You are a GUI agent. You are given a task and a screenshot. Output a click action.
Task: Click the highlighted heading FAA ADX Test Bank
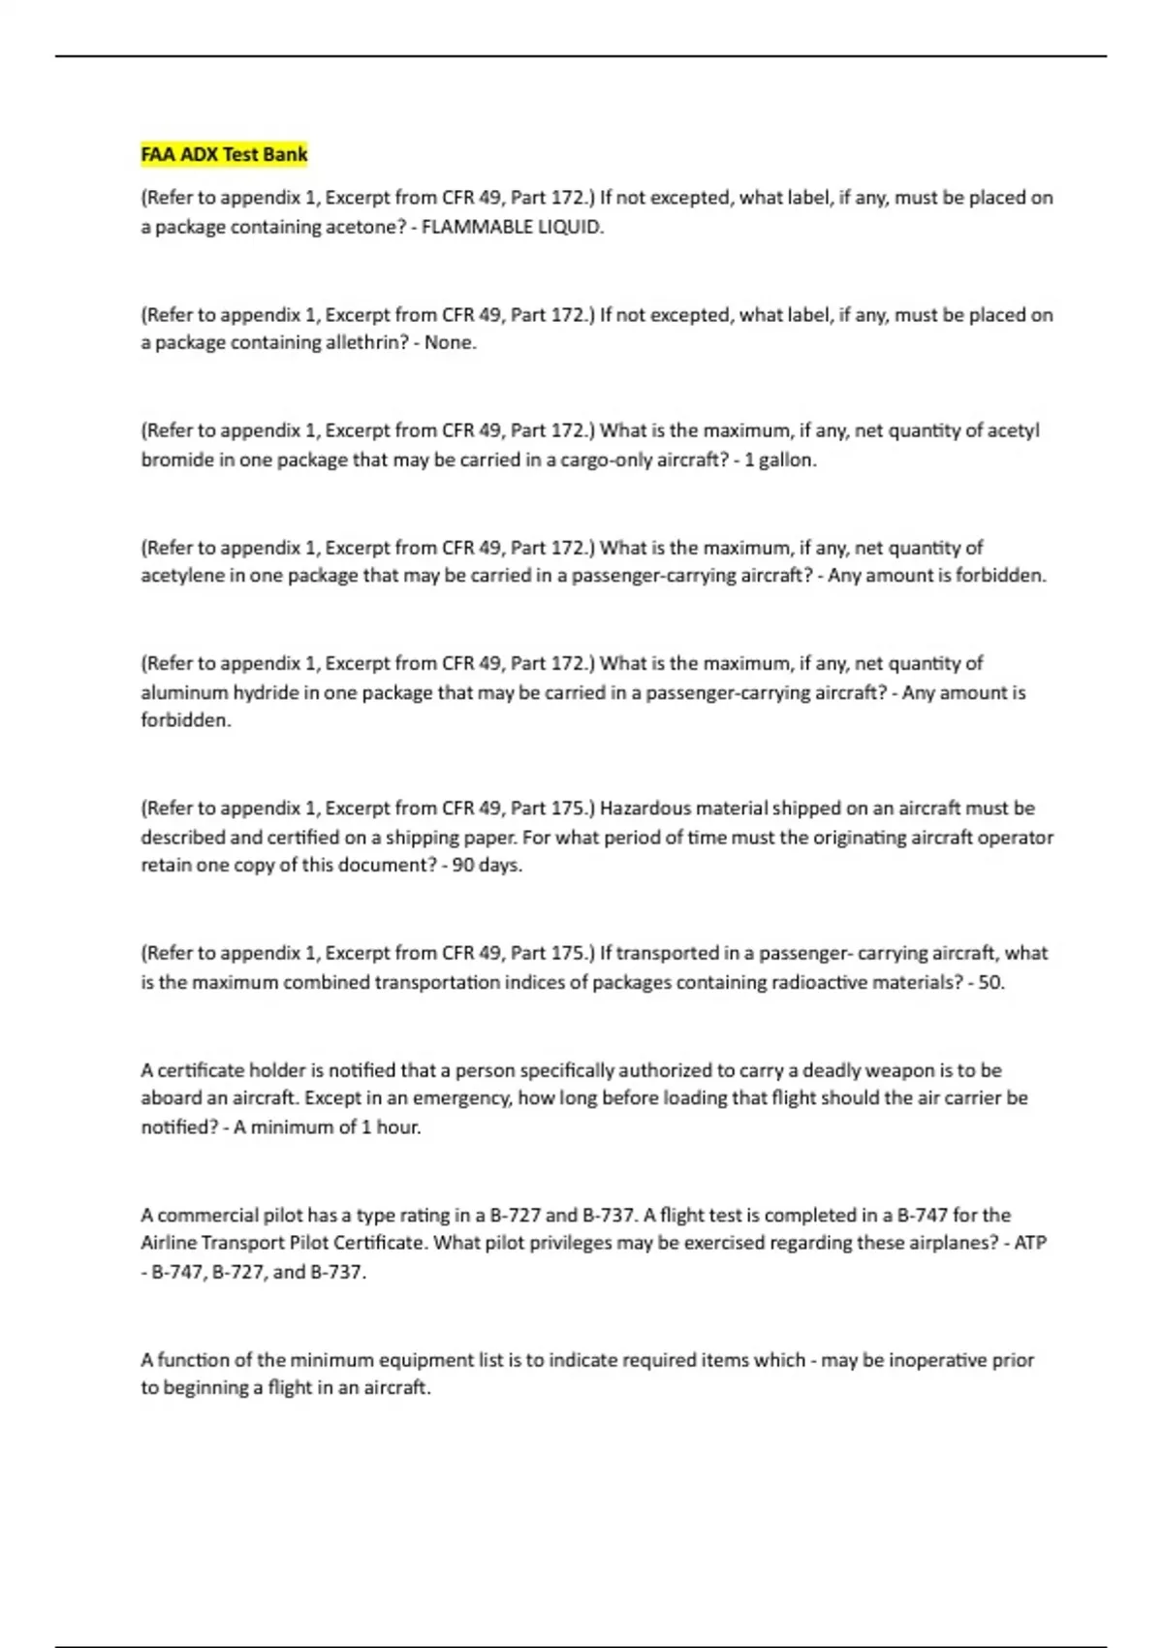pyautogui.click(x=224, y=154)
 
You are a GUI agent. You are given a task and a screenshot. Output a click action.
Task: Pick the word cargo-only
pyautogui.click(x=608, y=460)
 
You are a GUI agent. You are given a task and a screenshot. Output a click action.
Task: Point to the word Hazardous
pyautogui.click(x=645, y=808)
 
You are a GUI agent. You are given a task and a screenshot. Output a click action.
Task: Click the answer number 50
pyautogui.click(x=990, y=982)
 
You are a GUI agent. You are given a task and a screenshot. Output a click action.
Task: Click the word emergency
pyautogui.click(x=461, y=1098)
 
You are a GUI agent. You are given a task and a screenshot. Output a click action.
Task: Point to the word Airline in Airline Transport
pyautogui.click(x=171, y=1243)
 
